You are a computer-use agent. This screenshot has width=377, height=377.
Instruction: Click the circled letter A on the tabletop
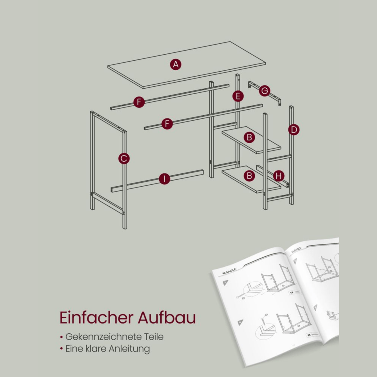(x=176, y=64)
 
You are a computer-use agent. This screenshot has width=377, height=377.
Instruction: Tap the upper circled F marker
(x=139, y=102)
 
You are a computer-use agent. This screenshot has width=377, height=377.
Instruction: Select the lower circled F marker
(x=167, y=123)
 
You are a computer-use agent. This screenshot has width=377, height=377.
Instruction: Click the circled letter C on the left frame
(x=124, y=158)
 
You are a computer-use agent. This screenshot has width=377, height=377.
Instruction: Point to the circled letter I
(x=164, y=179)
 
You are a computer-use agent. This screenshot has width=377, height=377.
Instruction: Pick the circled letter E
(x=238, y=96)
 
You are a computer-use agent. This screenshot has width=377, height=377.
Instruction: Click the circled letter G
(x=265, y=91)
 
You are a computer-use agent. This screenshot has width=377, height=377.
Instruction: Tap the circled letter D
(x=294, y=129)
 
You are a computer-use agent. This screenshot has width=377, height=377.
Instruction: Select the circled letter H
(x=279, y=176)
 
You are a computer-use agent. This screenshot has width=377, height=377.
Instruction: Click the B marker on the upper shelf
(x=249, y=137)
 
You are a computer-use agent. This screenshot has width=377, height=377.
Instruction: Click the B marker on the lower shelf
(x=249, y=176)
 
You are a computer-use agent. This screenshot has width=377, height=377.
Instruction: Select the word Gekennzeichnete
(x=103, y=337)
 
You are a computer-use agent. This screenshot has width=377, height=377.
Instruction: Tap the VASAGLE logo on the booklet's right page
(x=296, y=250)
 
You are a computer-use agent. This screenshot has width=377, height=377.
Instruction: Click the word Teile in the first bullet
(x=154, y=337)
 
